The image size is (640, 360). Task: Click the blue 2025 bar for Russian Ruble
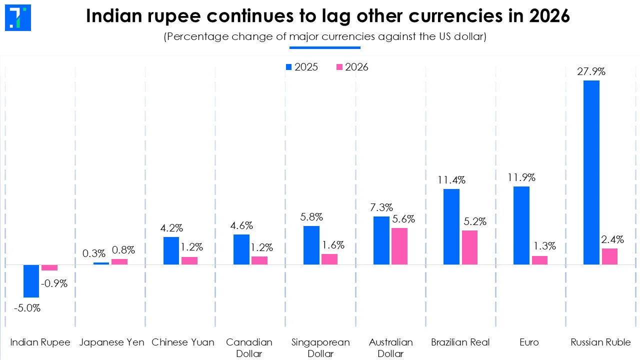pos(591,172)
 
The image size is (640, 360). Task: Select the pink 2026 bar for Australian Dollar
pos(399,246)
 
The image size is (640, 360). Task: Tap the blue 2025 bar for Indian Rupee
pos(31,281)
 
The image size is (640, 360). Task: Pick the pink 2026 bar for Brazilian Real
pos(469,247)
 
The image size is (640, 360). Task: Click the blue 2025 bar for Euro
pos(521,225)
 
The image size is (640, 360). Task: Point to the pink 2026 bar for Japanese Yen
pos(119,261)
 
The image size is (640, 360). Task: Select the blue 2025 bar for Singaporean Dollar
pos(311,245)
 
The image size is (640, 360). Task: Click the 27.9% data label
pos(591,71)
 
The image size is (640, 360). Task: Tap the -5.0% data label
pos(27,308)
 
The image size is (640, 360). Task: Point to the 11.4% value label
pos(451,180)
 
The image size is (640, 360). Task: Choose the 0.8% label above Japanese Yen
pos(123,250)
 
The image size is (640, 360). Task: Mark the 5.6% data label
pos(403,219)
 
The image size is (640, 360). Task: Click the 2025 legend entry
pos(301,67)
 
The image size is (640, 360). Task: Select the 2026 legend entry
pos(352,67)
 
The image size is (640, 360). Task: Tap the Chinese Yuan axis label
pos(183,342)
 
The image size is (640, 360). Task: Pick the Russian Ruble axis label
pos(600,342)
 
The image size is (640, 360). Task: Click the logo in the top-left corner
pos(18,17)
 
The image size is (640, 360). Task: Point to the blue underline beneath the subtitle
pos(325,47)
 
